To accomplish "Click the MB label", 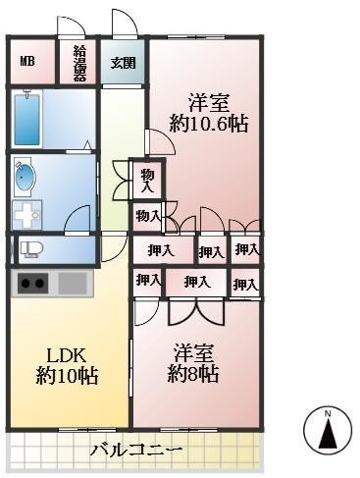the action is [x=26, y=63].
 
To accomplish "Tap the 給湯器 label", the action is [x=79, y=64].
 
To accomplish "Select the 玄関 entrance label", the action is [x=123, y=63].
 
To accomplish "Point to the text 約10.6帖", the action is [x=208, y=124].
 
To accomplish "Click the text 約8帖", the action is [x=193, y=374].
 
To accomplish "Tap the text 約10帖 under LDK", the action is [x=67, y=376].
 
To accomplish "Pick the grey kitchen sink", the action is [x=74, y=283].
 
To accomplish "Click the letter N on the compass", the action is [x=330, y=412].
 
